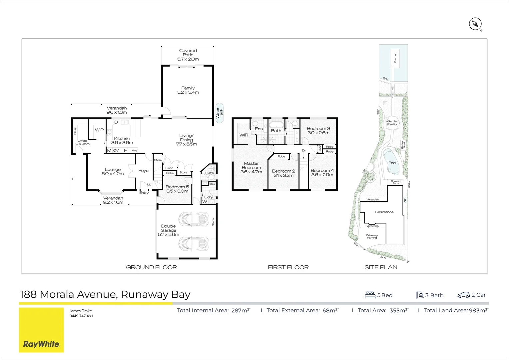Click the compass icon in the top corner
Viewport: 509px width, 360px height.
tap(475, 24)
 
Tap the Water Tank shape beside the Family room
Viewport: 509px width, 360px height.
tap(219, 113)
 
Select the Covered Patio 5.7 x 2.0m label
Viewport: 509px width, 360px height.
tap(188, 55)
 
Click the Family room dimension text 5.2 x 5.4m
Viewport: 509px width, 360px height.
tap(188, 92)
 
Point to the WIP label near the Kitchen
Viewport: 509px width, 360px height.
tap(99, 130)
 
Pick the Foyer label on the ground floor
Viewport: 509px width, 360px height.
tap(144, 171)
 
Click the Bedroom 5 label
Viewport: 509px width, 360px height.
tap(177, 187)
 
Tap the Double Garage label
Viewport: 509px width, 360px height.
tap(169, 228)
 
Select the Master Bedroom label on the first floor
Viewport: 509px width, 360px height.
tap(251, 166)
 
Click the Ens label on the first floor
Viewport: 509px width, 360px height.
tap(259, 129)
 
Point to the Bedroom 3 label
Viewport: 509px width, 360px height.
tap(318, 129)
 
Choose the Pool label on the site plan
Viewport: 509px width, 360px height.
tap(392, 163)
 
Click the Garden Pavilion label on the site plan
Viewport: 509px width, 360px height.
tap(393, 123)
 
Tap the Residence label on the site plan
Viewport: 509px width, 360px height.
tap(384, 212)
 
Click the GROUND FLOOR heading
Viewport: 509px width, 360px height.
tap(152, 267)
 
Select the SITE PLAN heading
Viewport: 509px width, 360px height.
tap(381, 267)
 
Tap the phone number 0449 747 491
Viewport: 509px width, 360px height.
tap(81, 316)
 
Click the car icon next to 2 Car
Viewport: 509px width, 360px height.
tap(463, 295)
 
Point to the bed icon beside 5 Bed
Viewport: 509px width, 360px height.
tap(370, 295)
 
